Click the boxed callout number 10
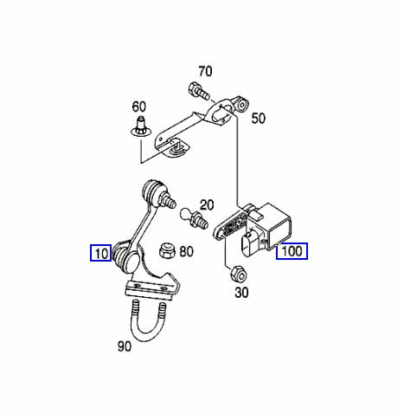point(100,253)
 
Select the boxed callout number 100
point(292,251)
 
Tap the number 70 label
point(205,71)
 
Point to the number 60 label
point(138,107)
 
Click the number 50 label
point(258,119)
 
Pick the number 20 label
point(207,205)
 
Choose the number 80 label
point(186,251)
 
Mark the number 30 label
point(241,293)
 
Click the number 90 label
point(124,346)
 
